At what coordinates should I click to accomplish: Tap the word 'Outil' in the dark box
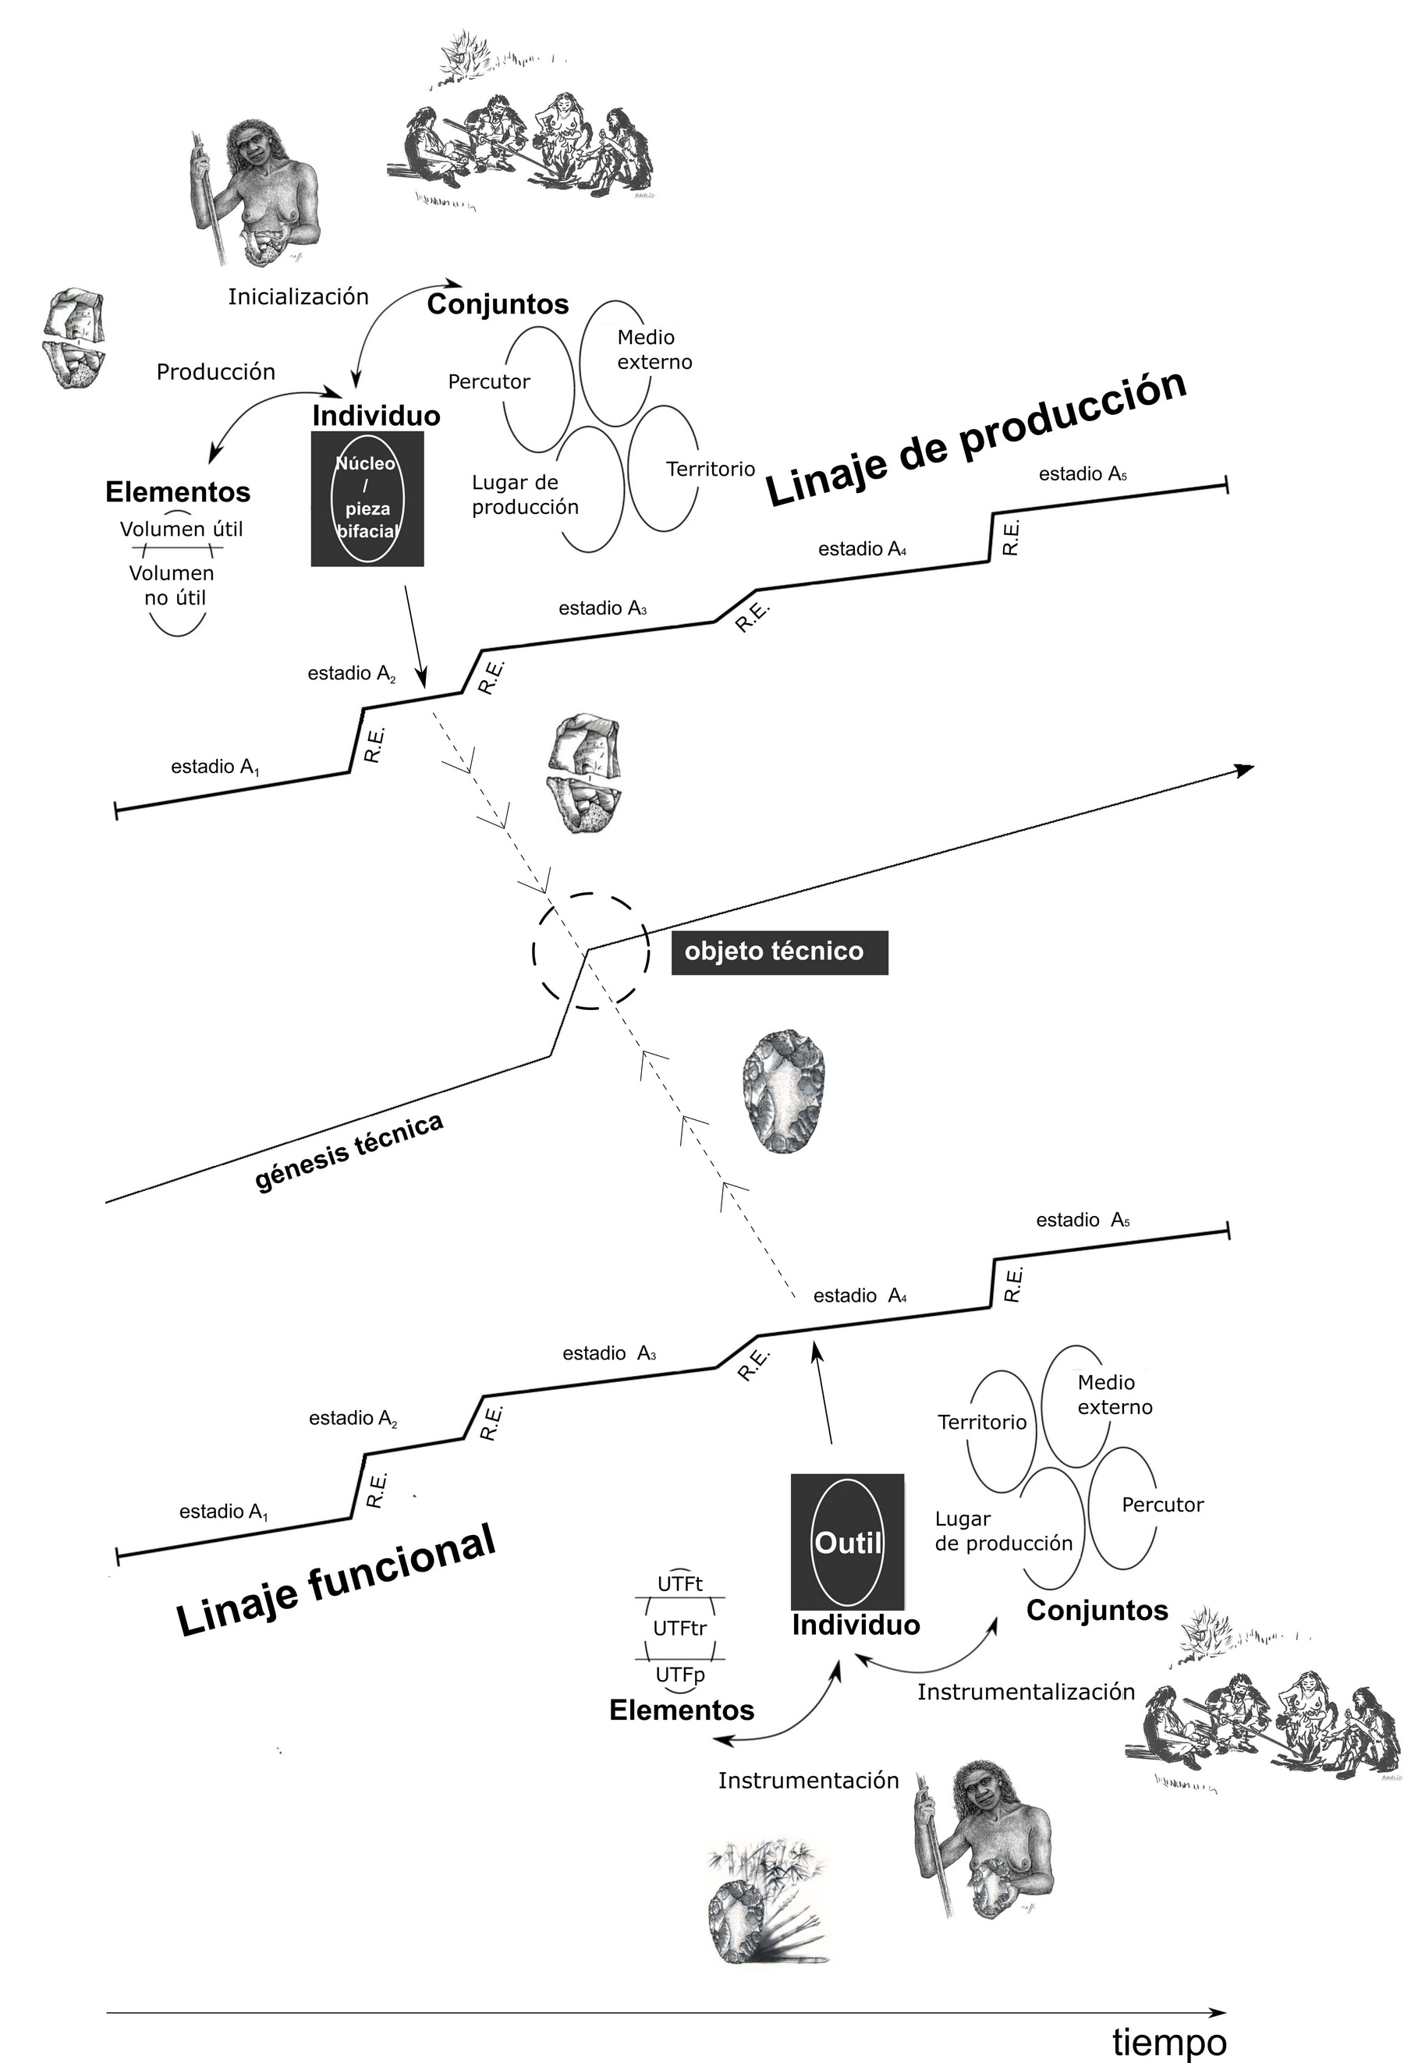(x=847, y=1542)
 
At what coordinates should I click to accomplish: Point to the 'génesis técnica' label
(x=349, y=1151)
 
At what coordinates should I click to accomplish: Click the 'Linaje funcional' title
(x=335, y=1579)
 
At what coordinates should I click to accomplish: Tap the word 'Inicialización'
(x=299, y=296)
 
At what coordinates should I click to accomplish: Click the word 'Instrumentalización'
(x=1026, y=1692)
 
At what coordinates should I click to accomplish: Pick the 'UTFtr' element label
(x=679, y=1628)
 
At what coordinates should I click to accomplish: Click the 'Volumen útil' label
(x=181, y=529)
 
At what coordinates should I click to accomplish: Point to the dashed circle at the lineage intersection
(x=590, y=951)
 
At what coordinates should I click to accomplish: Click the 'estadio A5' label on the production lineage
(x=1083, y=474)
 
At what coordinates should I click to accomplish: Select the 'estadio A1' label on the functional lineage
(x=223, y=1511)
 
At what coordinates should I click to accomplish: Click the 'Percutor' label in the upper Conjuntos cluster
(x=488, y=381)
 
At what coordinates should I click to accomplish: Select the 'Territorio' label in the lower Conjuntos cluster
(x=981, y=1422)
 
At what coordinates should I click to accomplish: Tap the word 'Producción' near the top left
(x=216, y=372)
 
